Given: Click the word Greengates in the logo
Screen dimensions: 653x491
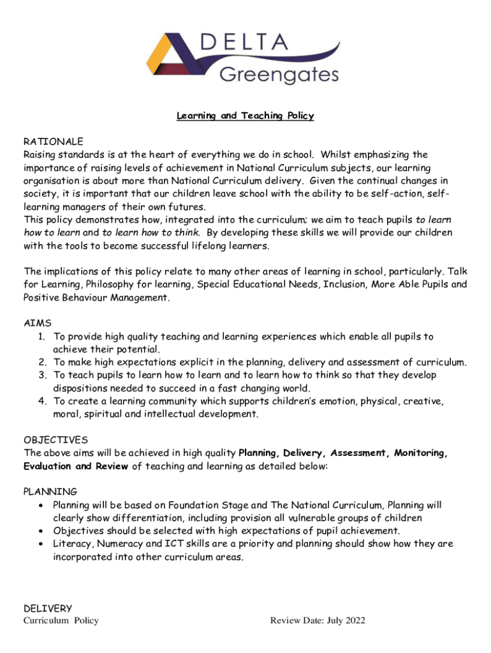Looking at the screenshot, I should coord(279,75).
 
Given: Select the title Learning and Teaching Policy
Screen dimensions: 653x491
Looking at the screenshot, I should coord(246,115).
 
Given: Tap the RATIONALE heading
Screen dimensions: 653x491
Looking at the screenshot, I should coord(54,142).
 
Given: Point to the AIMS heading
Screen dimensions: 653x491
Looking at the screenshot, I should coord(38,323).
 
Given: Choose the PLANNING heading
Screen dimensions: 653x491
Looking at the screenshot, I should coord(50,492).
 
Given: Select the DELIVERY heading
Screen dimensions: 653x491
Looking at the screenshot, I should coord(48,608).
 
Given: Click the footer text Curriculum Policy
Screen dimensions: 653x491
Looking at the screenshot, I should coord(61,621).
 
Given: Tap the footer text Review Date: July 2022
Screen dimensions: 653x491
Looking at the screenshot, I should coord(318,621).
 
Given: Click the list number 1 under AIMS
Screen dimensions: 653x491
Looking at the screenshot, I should coord(41,336).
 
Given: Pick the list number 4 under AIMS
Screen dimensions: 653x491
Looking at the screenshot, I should coord(41,401).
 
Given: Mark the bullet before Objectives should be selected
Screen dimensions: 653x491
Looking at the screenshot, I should coord(41,531).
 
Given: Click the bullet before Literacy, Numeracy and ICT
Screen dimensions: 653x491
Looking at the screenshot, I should coord(41,544).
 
